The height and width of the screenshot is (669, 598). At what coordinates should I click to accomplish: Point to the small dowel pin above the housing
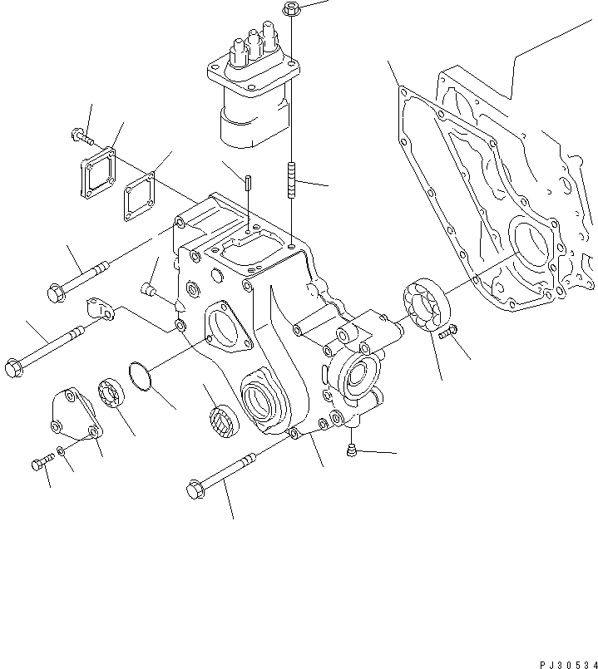249,182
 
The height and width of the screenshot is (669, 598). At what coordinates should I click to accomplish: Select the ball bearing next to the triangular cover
111,392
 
